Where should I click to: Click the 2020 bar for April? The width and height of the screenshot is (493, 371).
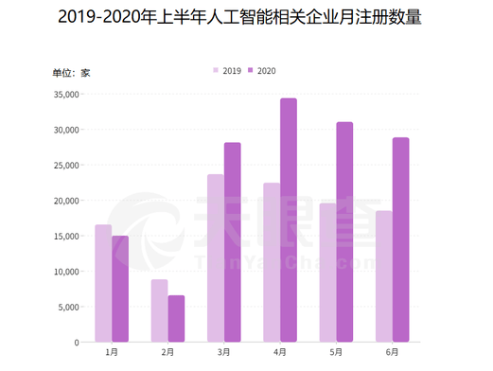click(289, 220)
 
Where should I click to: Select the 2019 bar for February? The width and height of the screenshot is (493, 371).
click(160, 310)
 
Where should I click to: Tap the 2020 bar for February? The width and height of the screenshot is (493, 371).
click(176, 319)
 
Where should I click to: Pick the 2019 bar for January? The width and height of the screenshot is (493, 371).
click(103, 283)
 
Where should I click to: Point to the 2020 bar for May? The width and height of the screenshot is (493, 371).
click(344, 232)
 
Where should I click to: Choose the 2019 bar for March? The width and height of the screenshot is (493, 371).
click(216, 258)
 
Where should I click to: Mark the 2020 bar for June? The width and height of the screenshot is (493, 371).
click(401, 239)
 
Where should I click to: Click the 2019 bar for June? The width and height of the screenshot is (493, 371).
click(384, 276)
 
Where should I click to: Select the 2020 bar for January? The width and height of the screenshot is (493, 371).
click(120, 289)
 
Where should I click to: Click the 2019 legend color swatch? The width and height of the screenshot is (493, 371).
click(216, 70)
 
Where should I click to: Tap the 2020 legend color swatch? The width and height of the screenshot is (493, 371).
click(251, 70)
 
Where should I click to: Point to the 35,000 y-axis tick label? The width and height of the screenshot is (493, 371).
click(66, 95)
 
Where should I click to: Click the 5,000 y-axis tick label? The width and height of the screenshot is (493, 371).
click(68, 307)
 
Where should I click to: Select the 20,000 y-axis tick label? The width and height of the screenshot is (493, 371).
click(66, 201)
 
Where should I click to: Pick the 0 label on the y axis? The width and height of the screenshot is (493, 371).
click(77, 343)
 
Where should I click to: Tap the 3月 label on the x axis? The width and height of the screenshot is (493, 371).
click(224, 352)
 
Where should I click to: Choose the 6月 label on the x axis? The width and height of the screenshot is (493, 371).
click(393, 352)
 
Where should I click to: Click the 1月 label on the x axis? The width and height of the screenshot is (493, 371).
click(112, 352)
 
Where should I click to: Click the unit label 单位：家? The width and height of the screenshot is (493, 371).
click(71, 73)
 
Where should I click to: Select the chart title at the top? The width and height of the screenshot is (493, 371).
click(239, 17)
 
